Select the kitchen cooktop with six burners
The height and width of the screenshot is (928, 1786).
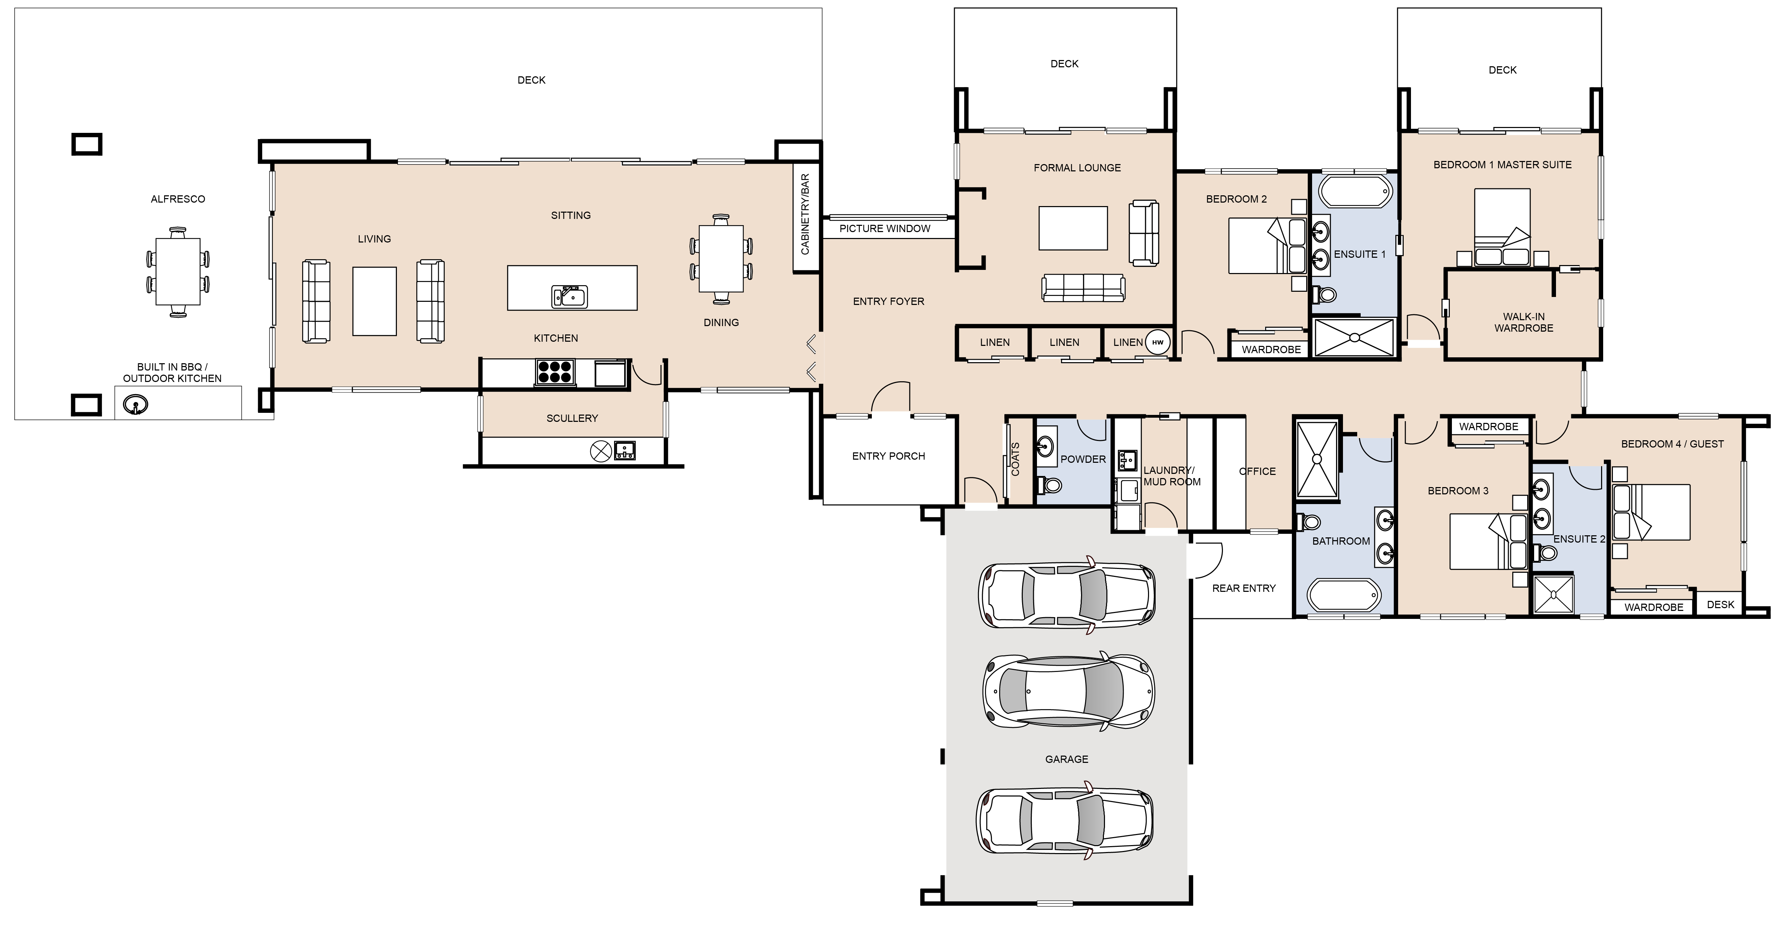click(x=555, y=372)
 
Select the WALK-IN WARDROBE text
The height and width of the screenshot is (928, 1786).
click(x=1524, y=322)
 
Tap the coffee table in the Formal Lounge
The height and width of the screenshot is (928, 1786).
click(x=1073, y=228)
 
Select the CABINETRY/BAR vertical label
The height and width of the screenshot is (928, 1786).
click(x=805, y=214)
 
